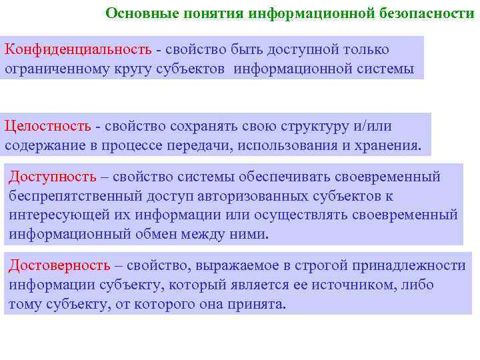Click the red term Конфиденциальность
79,51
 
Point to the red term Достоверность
59,265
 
